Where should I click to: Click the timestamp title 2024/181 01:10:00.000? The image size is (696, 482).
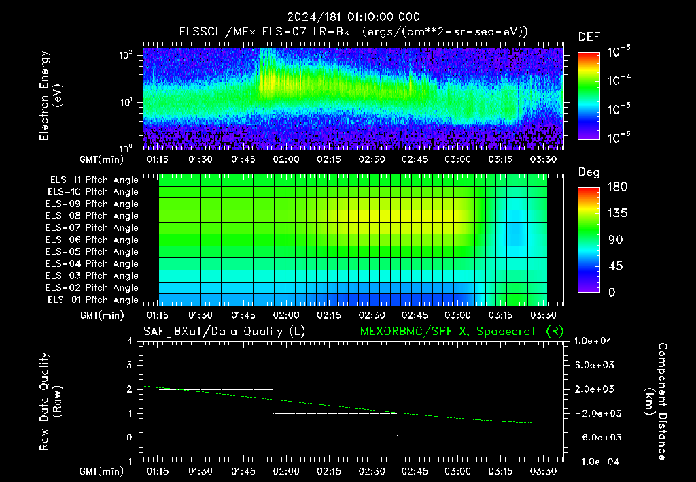353,17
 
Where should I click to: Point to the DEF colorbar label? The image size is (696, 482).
589,37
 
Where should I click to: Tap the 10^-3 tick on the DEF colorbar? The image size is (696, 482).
619,52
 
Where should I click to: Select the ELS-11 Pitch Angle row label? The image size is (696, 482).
94,180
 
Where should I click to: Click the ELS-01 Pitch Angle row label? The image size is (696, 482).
93,300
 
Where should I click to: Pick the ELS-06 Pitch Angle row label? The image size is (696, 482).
92,240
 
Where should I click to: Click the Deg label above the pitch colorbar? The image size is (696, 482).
589,172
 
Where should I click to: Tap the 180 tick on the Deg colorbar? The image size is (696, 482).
617,187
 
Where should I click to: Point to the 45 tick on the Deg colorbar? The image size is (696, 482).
614,266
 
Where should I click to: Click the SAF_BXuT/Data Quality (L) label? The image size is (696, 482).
224,332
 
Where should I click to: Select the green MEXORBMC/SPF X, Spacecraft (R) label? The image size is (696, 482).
462,332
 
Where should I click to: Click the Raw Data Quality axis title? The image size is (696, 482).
50,401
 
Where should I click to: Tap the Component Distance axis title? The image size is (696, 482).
656,401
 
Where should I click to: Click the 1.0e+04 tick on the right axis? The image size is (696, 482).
593,341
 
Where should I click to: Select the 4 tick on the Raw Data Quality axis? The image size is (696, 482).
130,341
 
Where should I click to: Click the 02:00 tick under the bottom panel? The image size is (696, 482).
286,471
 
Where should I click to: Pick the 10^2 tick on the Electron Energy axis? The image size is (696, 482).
126,55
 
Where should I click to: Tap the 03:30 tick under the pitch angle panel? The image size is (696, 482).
543,315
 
